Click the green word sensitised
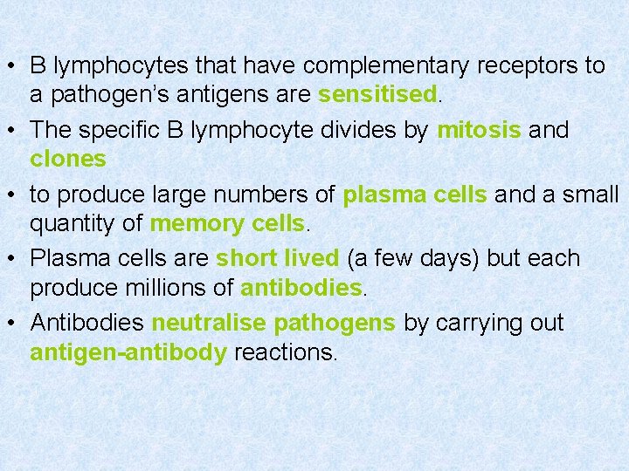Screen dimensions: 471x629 tap(377, 94)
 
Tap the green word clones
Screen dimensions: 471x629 tap(68, 159)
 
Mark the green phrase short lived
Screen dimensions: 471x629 tap(277, 259)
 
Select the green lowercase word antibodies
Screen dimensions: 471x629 tap(301, 288)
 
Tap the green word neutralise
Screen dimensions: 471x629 tap(209, 324)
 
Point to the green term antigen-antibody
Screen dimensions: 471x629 tap(128, 352)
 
